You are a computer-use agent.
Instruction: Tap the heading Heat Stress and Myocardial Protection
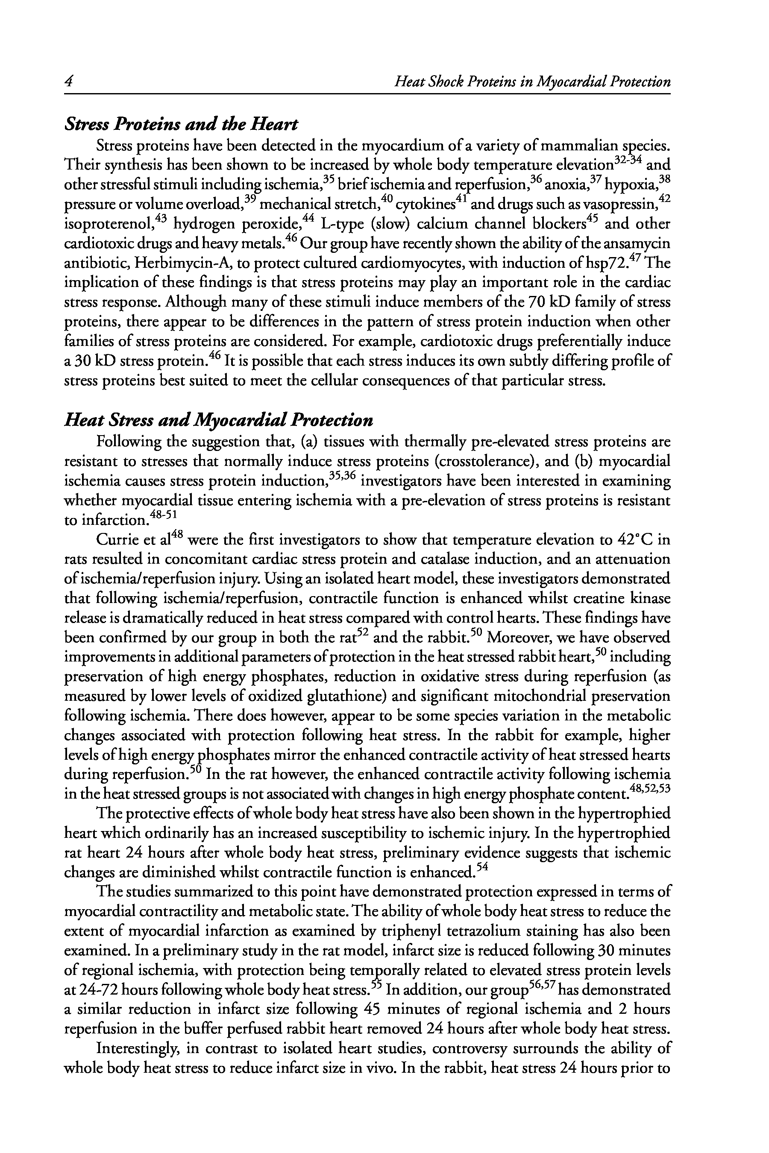coord(219,420)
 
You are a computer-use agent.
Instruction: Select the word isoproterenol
coord(109,225)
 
